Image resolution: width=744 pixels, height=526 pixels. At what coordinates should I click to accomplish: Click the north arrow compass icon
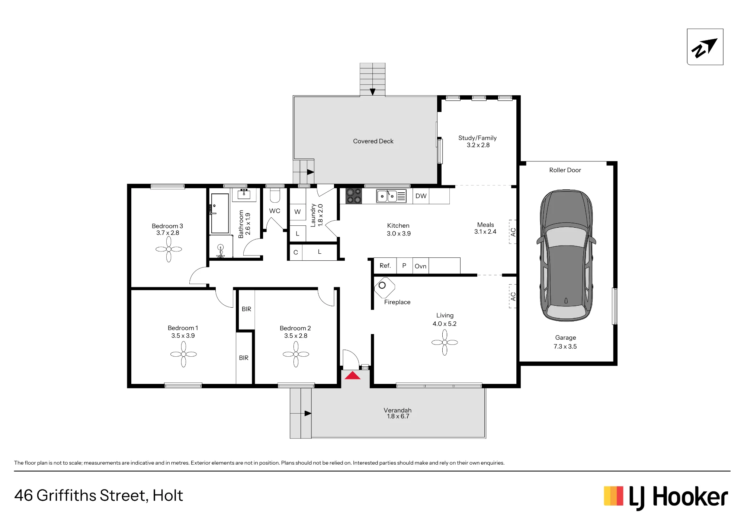coord(705,47)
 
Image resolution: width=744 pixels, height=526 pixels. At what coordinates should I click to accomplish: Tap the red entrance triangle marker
coord(352,375)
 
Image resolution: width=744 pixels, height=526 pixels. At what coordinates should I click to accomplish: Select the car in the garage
coord(566,256)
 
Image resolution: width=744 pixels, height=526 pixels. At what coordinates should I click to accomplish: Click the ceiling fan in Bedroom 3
coord(169,249)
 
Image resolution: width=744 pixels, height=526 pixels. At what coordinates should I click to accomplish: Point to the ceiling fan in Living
coord(445,342)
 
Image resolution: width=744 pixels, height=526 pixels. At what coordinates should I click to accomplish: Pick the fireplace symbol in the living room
coord(384,288)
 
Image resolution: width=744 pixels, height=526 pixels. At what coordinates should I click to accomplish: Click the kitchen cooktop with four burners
coord(353,196)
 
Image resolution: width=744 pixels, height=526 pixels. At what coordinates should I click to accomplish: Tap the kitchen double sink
coord(391,196)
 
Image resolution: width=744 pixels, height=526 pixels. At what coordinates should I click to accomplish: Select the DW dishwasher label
coord(421,196)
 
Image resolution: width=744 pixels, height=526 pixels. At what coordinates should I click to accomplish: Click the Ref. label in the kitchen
coord(385,266)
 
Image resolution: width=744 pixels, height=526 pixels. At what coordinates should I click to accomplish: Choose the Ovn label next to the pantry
coord(420,266)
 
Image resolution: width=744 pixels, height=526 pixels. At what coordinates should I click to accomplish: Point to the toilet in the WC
coord(275,195)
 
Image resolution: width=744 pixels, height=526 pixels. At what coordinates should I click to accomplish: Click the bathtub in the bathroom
coord(220,214)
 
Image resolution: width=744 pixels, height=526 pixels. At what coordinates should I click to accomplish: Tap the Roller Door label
coord(565,170)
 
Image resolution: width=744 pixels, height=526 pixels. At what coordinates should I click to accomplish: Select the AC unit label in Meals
coord(513,232)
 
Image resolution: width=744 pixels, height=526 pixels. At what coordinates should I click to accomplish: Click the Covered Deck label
coord(373,141)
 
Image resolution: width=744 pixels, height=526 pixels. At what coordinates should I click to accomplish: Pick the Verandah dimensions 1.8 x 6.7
coord(398,416)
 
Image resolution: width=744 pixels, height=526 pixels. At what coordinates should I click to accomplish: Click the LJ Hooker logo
coord(666,497)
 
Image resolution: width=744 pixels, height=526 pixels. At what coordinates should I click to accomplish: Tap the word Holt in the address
coord(168,495)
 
